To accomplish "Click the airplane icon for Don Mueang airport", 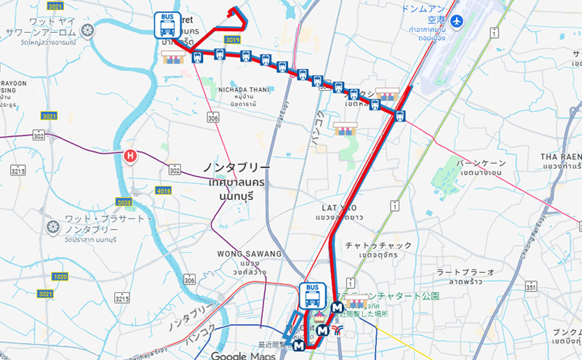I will pos(458,22).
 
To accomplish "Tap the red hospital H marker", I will pos(130,155).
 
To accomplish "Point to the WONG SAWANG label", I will pos(248,254).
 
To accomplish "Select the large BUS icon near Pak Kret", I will pos(167,25).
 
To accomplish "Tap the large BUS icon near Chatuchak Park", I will pos(312,295).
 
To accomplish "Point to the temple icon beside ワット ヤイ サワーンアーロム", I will pos(88,31).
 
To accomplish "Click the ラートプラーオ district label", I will pos(466,271).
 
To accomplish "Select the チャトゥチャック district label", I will pos(379,246).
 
